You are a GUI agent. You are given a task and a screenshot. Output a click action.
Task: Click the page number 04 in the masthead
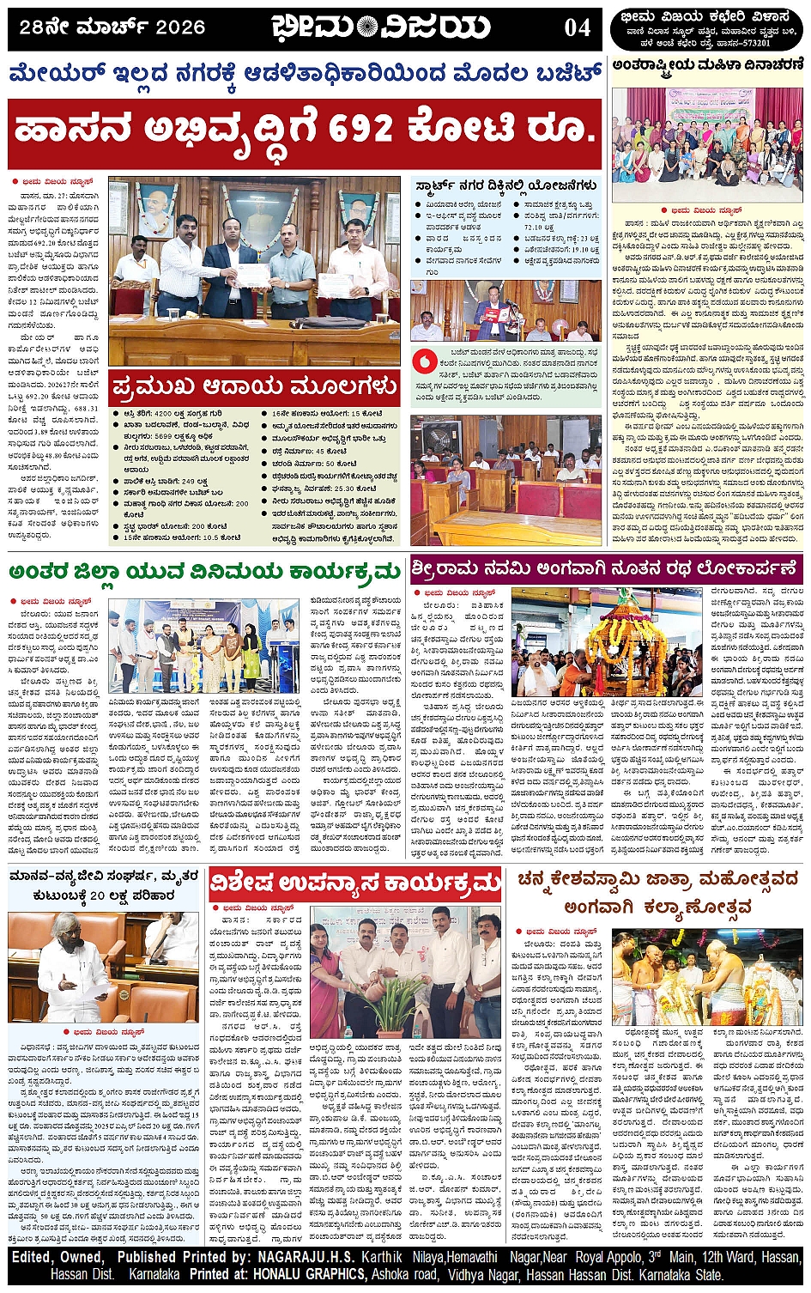click(x=577, y=27)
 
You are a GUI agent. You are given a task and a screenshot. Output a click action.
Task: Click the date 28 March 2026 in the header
click(x=112, y=27)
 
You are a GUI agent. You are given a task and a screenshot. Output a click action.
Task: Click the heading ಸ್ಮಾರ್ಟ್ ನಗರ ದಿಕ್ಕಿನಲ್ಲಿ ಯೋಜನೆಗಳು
click(x=505, y=185)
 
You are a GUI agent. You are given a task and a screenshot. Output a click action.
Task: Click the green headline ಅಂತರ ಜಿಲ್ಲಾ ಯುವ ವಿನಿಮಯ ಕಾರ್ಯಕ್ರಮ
click(x=205, y=572)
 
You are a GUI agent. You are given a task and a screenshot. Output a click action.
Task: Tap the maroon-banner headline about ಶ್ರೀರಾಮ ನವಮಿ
click(x=605, y=568)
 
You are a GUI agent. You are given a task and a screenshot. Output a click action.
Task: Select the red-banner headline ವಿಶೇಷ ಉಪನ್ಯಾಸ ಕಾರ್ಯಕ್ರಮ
click(x=355, y=883)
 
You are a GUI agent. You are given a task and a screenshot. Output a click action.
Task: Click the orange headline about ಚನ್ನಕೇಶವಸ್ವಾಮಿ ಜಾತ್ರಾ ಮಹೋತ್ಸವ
click(x=658, y=893)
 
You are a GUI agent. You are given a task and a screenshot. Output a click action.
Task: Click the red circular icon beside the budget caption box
click(x=421, y=361)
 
